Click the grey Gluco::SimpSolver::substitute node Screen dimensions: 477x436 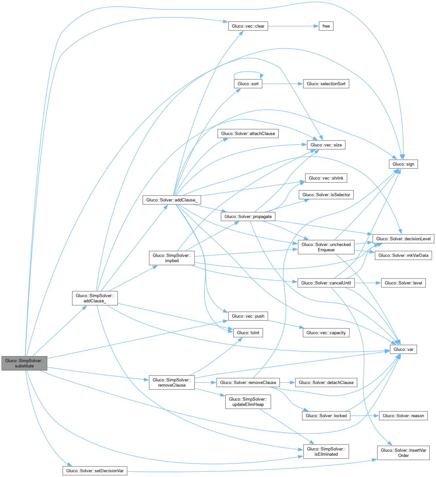click(x=24, y=363)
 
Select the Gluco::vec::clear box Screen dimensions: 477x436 click(x=248, y=26)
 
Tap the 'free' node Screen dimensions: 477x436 click(x=326, y=26)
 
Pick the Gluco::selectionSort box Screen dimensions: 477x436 click(x=326, y=84)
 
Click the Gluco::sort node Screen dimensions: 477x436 click(x=248, y=84)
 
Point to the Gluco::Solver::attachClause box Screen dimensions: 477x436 click(x=248, y=134)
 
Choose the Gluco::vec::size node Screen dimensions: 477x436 click(x=326, y=145)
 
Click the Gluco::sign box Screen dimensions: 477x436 click(x=403, y=164)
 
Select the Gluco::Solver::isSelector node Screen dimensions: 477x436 click(x=326, y=195)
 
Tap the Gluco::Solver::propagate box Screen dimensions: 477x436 click(x=248, y=217)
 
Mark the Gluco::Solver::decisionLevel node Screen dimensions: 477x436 click(x=403, y=239)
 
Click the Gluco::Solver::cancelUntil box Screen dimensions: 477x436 click(x=326, y=283)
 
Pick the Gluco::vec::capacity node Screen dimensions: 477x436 click(x=326, y=333)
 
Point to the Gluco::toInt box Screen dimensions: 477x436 click(x=248, y=333)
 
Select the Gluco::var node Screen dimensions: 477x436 click(x=403, y=350)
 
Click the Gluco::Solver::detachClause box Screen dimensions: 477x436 click(x=326, y=383)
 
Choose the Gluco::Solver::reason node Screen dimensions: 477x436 click(x=403, y=416)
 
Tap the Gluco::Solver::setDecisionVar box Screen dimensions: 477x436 click(x=95, y=471)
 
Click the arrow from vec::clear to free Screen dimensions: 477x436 click(x=293, y=26)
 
